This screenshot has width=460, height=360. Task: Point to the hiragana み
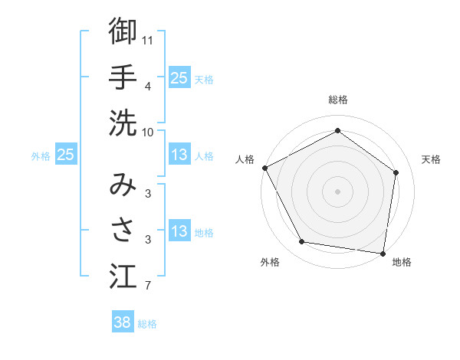(x=123, y=184)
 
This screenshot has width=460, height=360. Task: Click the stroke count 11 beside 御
(x=148, y=38)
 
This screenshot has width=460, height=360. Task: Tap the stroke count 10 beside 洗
(x=148, y=132)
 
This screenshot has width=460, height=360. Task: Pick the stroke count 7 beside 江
(x=148, y=286)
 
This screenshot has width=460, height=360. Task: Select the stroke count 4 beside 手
(x=148, y=86)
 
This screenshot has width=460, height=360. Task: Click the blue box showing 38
(x=123, y=323)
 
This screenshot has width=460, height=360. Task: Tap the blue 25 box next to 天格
(x=179, y=78)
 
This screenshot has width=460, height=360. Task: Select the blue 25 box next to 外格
(x=65, y=155)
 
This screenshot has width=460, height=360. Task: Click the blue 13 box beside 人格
(x=179, y=155)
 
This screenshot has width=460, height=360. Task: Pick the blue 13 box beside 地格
(x=179, y=232)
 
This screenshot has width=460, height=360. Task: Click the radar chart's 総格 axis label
(x=337, y=100)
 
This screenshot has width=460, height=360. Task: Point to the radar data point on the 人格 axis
(x=264, y=168)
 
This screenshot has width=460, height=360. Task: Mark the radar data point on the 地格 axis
(x=383, y=253)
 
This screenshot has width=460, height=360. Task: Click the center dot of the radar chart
(x=337, y=191)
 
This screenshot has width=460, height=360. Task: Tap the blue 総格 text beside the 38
(x=147, y=324)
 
